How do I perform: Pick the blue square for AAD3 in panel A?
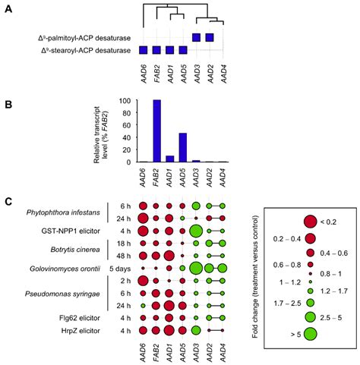click(196, 37)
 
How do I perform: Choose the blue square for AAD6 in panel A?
click(143, 50)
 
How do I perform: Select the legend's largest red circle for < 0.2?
click(310, 222)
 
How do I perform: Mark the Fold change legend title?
click(262, 278)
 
